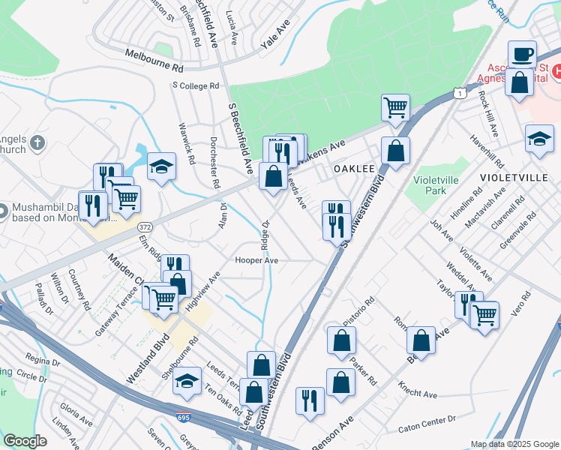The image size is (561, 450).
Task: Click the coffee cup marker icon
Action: coord(522,54)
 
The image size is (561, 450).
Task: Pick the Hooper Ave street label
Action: coord(256,260)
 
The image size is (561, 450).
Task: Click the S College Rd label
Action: coord(195,85)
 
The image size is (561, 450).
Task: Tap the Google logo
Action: coord(25,441)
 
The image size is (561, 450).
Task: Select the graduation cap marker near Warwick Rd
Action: coord(161,166)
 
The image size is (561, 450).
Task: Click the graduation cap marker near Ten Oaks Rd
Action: coord(187,381)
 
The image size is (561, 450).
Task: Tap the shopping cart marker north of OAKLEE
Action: coord(395,106)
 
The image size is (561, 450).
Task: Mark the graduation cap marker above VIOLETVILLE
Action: coord(539,139)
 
